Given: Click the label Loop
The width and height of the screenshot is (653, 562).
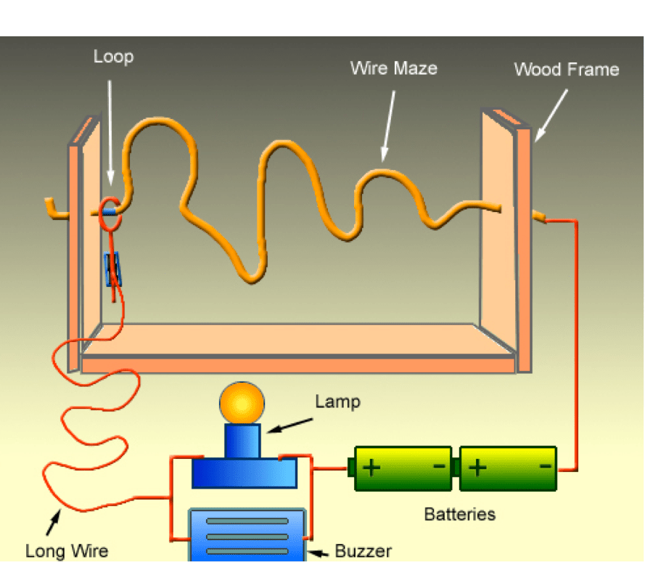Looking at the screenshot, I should (x=113, y=57).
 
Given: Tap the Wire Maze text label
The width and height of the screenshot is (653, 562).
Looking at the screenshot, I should (x=394, y=68).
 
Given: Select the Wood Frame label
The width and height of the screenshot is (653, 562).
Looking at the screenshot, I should (x=566, y=70).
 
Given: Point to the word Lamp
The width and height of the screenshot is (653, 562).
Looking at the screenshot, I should (x=337, y=402).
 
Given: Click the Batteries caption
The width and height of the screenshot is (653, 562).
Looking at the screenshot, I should (x=460, y=514).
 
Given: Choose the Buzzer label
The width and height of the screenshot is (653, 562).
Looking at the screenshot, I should (x=363, y=551).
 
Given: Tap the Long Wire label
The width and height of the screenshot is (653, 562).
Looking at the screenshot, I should (x=67, y=551).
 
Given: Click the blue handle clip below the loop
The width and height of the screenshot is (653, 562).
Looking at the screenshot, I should (x=113, y=269).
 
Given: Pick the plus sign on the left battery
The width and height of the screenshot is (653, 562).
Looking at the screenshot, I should (x=371, y=467).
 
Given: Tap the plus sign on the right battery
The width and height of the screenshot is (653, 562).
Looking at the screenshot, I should (x=477, y=467).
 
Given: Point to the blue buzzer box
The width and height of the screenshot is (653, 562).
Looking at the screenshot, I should (x=246, y=534).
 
